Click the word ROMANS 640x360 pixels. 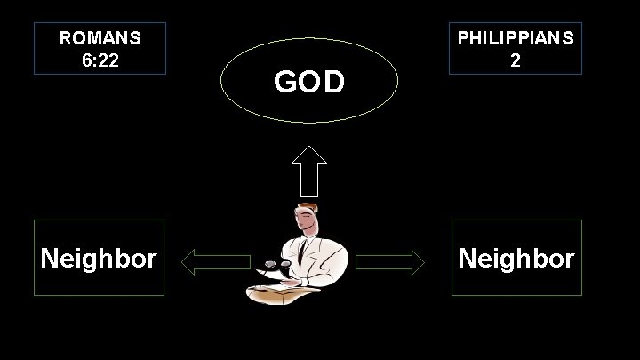[100, 39]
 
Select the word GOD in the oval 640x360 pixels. [308, 82]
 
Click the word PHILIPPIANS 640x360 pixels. [516, 39]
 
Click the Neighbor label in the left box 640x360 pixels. [100, 259]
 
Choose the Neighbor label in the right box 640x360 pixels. [516, 259]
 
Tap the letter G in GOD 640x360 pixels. [285, 82]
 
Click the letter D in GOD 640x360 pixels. [332, 82]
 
